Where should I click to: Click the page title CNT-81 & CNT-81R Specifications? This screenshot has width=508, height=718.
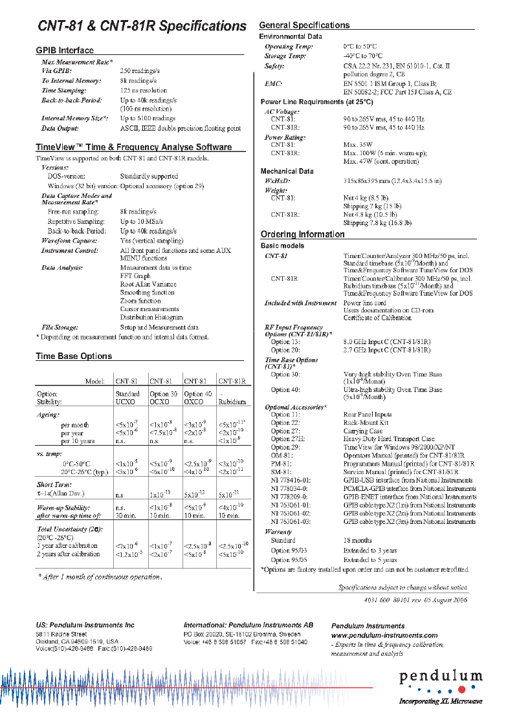click(x=142, y=26)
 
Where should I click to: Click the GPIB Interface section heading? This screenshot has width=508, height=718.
click(x=65, y=50)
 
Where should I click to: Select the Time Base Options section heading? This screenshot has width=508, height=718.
click(x=74, y=356)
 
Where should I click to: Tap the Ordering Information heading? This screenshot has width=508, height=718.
click(x=302, y=234)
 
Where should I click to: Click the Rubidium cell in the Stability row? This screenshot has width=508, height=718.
click(x=233, y=402)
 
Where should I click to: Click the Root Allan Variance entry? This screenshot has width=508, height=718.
click(x=148, y=284)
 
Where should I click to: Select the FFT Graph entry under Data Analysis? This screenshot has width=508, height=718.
click(x=135, y=276)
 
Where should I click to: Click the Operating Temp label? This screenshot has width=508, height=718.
click(x=289, y=47)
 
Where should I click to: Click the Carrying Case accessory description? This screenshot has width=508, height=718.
click(x=362, y=431)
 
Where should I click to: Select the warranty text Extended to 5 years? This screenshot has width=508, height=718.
click(x=370, y=560)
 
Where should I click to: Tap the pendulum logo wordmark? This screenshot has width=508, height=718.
click(x=440, y=677)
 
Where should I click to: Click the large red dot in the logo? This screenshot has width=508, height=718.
click(x=461, y=690)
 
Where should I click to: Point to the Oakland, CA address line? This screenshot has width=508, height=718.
click(x=77, y=641)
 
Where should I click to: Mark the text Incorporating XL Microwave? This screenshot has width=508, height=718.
click(x=440, y=701)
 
